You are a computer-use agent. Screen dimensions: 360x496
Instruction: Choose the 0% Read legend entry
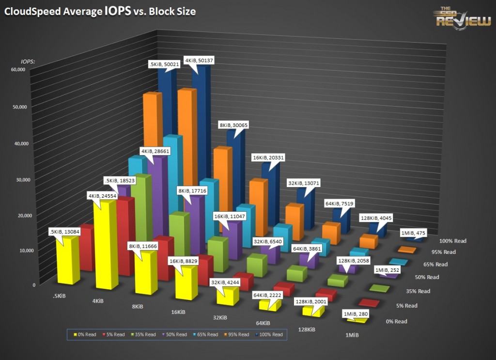pyautogui.click(x=85, y=334)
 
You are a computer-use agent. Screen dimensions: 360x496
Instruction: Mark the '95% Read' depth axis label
pyautogui.click(x=443, y=252)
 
